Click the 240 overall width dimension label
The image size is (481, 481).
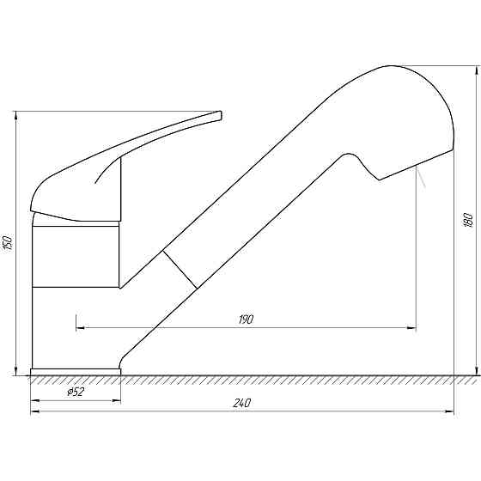[242, 403]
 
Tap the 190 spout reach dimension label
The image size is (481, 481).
[246, 320]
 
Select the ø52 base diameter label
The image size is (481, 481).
[76, 392]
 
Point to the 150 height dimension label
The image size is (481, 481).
[9, 242]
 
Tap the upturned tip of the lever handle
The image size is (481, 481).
[218, 115]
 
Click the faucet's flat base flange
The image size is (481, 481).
[76, 372]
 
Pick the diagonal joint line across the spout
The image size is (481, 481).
[180, 270]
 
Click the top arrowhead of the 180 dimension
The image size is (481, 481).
[476, 70]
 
